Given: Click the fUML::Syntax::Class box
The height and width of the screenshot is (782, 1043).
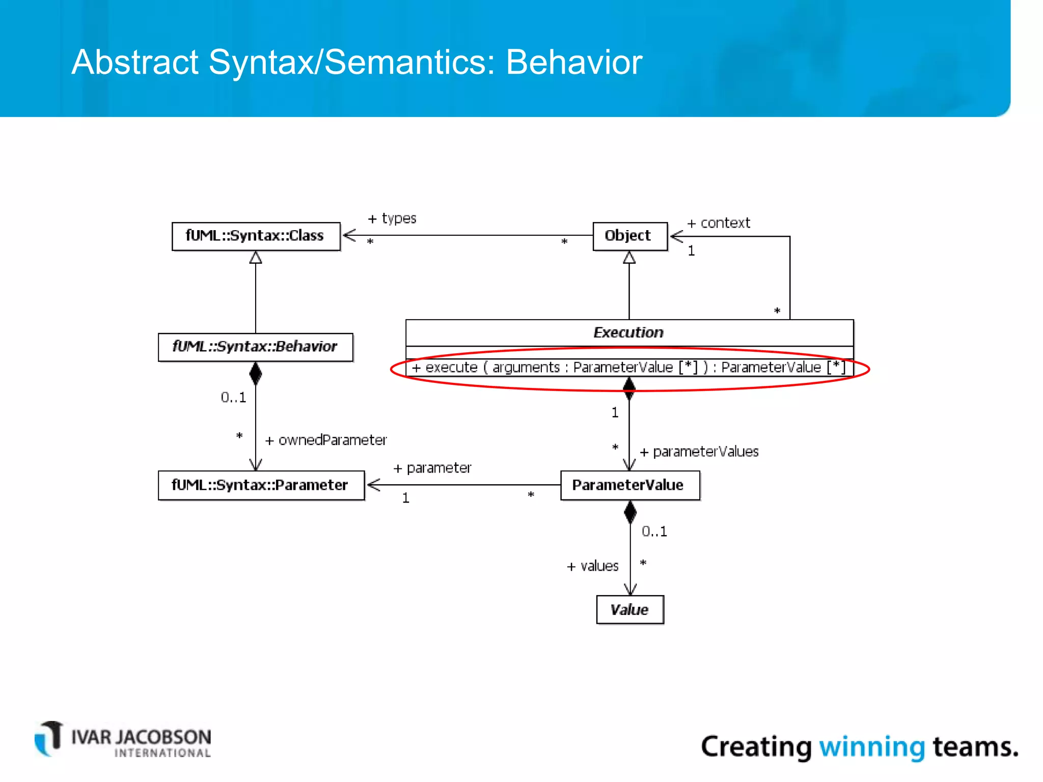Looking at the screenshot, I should [256, 236].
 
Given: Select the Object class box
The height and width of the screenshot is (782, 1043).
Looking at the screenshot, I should [629, 236].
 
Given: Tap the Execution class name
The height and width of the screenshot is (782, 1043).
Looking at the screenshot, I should [628, 332].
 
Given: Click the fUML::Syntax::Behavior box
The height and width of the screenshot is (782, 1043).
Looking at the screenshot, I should [255, 347].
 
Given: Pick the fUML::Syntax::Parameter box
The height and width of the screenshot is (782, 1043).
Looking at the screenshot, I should [261, 485].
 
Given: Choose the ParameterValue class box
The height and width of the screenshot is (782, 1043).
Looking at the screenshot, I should [629, 485].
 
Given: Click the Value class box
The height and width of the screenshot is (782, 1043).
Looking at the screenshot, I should [629, 609].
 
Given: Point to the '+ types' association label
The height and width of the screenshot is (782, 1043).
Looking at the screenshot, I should [392, 219].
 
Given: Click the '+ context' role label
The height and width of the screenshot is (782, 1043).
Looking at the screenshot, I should [719, 223].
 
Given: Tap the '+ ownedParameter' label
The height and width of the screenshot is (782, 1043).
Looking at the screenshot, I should [326, 440].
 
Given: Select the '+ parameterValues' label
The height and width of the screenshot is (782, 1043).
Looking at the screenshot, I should [699, 452].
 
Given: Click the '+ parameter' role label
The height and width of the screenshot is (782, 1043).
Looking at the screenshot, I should [432, 468].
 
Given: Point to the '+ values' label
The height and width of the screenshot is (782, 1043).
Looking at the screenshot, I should [593, 566].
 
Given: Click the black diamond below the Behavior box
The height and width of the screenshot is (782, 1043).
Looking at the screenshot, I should [256, 374].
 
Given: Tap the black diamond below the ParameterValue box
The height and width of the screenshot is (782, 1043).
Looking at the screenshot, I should [630, 512].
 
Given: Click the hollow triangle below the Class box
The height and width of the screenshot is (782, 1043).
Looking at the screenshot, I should [256, 258].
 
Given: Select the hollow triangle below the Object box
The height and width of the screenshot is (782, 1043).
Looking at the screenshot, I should [629, 258].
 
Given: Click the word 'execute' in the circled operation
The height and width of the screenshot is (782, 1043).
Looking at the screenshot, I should [451, 368].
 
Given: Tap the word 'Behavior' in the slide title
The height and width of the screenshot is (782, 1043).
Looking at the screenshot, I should [574, 63].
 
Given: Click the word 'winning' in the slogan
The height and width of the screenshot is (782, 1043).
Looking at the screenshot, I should [871, 747].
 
